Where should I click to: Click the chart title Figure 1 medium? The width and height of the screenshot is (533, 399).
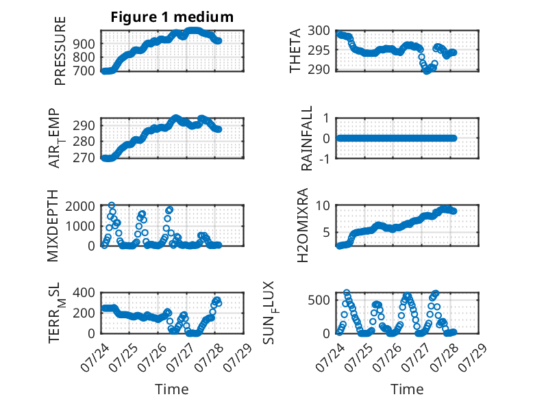(x=172, y=17)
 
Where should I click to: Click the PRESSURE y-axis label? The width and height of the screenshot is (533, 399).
(x=60, y=51)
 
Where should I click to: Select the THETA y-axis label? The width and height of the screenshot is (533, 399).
(x=295, y=51)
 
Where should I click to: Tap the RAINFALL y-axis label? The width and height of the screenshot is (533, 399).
(x=307, y=138)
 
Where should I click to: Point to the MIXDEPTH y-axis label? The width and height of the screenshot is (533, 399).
(x=53, y=226)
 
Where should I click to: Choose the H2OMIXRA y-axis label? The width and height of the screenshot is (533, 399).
(x=302, y=225)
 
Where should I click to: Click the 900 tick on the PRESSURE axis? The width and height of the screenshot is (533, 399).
(x=84, y=44)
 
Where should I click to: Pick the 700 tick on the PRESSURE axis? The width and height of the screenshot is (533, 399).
(x=84, y=71)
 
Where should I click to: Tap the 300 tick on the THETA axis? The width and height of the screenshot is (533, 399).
(x=319, y=31)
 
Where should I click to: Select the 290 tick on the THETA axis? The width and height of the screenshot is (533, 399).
(x=319, y=69)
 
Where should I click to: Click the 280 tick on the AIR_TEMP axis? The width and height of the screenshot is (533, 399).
(x=84, y=142)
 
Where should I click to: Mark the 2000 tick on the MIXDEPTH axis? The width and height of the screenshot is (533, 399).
(x=80, y=206)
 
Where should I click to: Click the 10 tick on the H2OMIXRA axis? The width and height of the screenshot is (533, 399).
(x=323, y=205)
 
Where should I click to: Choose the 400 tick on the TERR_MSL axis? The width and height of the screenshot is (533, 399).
(x=84, y=292)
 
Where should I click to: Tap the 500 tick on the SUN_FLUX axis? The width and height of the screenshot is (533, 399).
(x=319, y=300)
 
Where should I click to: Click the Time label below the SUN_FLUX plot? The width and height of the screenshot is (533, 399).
(x=407, y=389)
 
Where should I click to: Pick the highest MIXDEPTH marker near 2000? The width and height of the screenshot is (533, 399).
(x=112, y=205)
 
